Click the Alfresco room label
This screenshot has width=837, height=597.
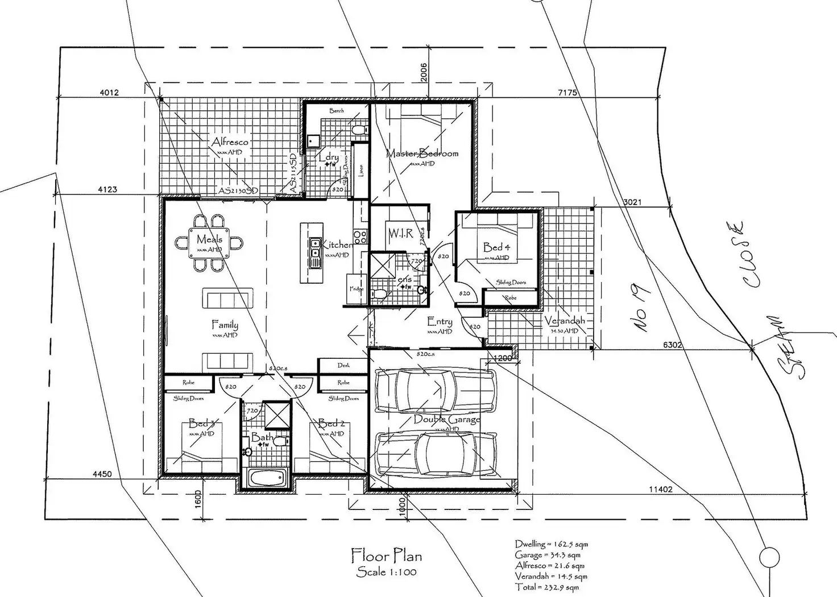[230, 142]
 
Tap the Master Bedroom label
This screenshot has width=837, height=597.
[422, 153]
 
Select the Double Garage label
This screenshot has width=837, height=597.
[446, 420]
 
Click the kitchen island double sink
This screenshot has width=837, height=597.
[314, 252]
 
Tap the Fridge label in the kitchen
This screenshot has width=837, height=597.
[356, 289]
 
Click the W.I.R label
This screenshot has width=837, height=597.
[401, 233]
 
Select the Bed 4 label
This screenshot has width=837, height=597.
[496, 247]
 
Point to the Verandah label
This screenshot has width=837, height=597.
[564, 321]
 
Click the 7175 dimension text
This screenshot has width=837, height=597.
[567, 92]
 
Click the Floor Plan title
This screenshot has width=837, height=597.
[386, 554]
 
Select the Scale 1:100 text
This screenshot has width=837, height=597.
[386, 571]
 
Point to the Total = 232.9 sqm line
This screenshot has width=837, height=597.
[546, 587]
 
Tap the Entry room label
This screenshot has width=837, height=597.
[440, 322]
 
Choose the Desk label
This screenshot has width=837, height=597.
[343, 365]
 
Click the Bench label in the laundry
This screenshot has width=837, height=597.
[336, 110]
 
